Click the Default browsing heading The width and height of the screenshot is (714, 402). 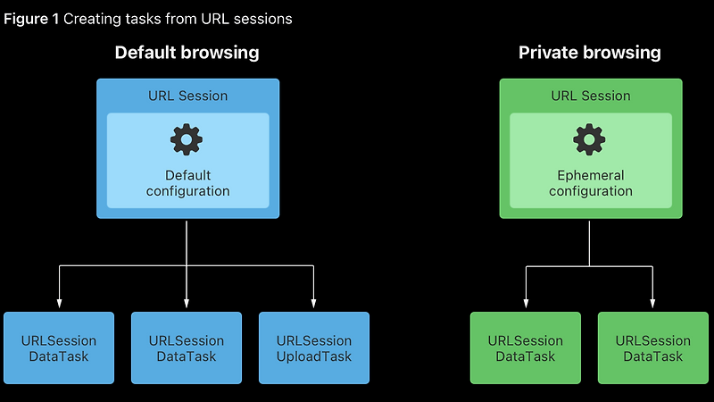(x=187, y=53)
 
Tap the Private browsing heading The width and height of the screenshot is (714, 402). (x=590, y=53)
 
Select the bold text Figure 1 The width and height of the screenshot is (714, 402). (x=32, y=19)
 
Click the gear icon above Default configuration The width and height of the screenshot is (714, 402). (x=187, y=140)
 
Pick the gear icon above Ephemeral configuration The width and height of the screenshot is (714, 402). (x=590, y=140)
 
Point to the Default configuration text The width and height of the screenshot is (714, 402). (x=187, y=183)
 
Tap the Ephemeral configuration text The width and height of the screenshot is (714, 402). (x=590, y=183)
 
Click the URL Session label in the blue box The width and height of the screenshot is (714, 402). (x=187, y=96)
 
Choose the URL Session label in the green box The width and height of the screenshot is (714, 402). (x=590, y=96)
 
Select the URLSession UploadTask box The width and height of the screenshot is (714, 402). (x=314, y=348)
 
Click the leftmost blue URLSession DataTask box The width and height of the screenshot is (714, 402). (x=59, y=348)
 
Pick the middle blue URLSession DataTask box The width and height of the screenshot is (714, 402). (x=187, y=348)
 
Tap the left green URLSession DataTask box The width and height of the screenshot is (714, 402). (x=526, y=348)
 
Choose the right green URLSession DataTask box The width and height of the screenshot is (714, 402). (x=653, y=348)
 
